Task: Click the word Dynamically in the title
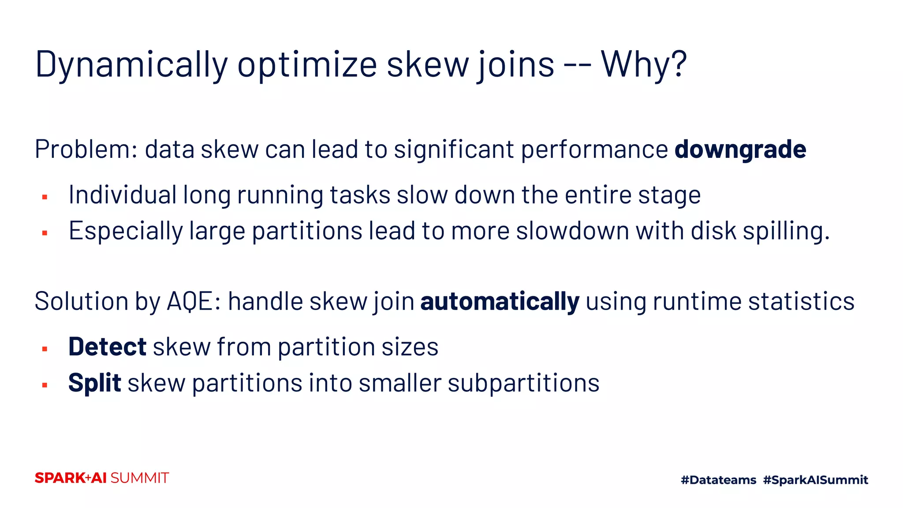[x=131, y=65]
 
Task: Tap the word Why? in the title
[x=643, y=64]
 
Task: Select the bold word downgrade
[x=740, y=149]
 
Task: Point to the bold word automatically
[x=500, y=302]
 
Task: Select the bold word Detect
[x=107, y=347]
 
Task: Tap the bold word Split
[x=94, y=383]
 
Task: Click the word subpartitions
[x=523, y=383]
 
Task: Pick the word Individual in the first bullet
[x=123, y=195]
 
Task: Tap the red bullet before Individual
[x=45, y=197]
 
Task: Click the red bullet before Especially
[x=45, y=233]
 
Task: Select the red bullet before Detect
[x=45, y=349]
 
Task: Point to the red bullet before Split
[x=45, y=385]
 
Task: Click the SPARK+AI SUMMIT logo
[x=101, y=478]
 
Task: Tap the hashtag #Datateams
[x=718, y=480]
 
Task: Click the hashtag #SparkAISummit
[x=815, y=480]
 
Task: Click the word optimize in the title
[x=307, y=65]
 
